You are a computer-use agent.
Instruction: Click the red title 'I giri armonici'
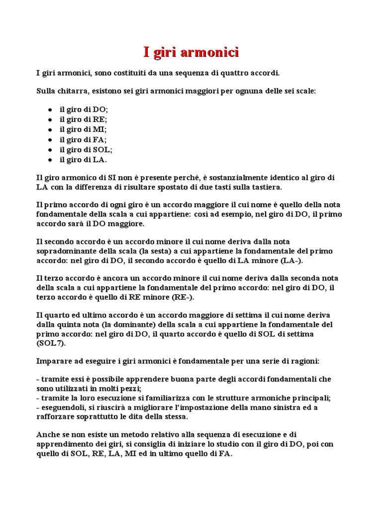click(x=191, y=52)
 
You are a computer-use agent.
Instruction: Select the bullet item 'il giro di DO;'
click(x=84, y=109)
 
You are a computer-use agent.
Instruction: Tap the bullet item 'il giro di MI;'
click(x=83, y=129)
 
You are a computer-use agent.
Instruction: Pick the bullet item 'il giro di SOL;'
click(x=86, y=149)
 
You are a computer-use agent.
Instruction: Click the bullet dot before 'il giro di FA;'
click(x=50, y=139)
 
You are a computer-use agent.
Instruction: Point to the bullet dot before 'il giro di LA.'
click(x=50, y=160)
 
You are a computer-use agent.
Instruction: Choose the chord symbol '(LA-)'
click(x=291, y=261)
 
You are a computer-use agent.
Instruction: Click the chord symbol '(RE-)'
click(x=184, y=297)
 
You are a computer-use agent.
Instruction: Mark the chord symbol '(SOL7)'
click(x=51, y=343)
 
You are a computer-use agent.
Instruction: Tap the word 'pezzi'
click(x=131, y=388)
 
